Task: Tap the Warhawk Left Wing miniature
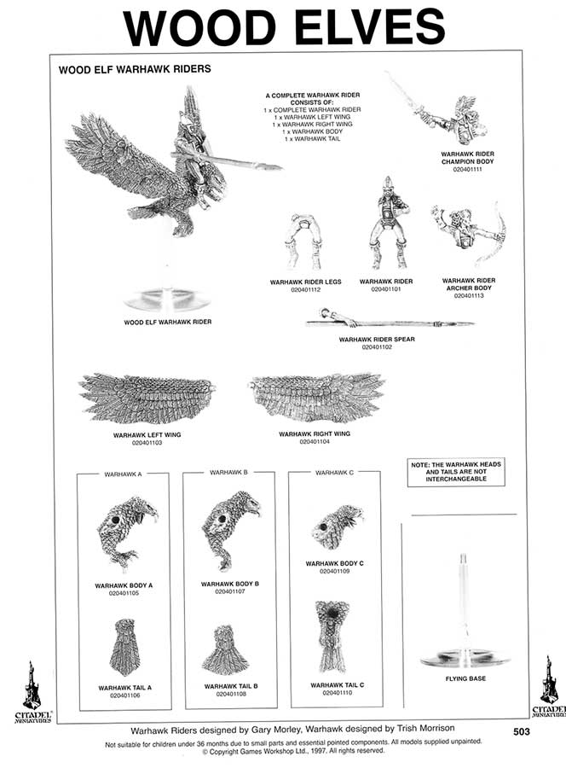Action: (147, 398)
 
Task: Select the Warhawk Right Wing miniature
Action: (316, 398)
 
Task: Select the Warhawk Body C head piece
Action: (337, 527)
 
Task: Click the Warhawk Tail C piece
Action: (331, 636)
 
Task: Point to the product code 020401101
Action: (386, 289)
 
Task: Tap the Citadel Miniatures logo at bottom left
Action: (32, 691)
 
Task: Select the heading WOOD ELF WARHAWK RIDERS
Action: (135, 69)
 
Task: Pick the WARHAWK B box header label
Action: (228, 472)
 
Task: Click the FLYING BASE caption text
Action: (465, 679)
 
